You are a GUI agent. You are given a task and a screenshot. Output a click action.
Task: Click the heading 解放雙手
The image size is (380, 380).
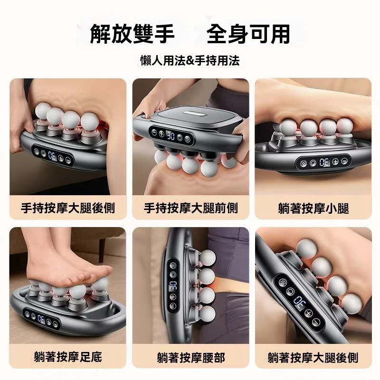pyautogui.click(x=133, y=34)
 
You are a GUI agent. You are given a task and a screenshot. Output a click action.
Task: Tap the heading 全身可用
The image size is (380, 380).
pyautogui.click(x=248, y=34)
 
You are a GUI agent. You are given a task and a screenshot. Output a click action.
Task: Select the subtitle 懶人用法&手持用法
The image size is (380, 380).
pyautogui.click(x=190, y=60)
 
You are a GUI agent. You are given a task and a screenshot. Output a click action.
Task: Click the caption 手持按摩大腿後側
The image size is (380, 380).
pyautogui.click(x=68, y=208)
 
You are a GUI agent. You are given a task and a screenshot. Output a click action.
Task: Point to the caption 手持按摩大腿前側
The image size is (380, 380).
pyautogui.click(x=190, y=208)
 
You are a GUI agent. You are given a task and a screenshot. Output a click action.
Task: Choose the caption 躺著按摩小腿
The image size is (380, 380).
pyautogui.click(x=313, y=208)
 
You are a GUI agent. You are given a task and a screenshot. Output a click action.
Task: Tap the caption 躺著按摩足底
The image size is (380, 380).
pyautogui.click(x=68, y=357)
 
